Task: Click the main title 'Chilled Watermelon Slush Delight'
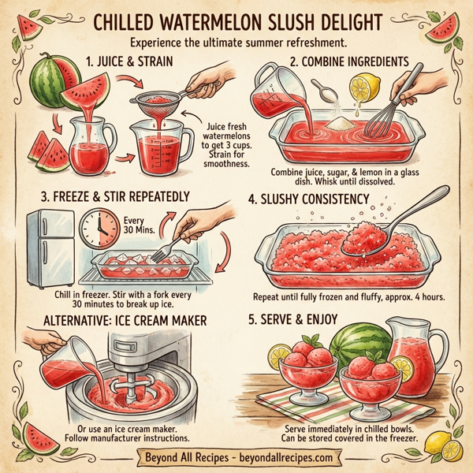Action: (x=236, y=20)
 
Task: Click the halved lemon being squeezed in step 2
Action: (x=363, y=88)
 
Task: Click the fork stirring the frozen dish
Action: (x=162, y=251)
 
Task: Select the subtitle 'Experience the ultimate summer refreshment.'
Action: (x=236, y=41)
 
